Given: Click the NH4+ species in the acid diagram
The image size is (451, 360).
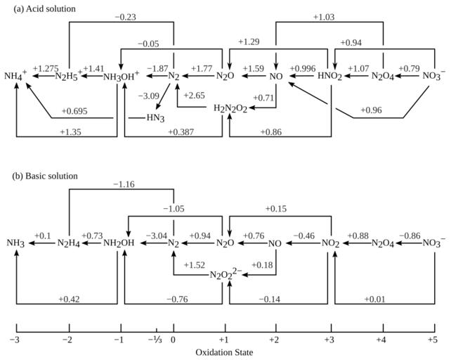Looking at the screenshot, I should (x=15, y=75).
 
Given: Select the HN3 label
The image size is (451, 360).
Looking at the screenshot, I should (x=155, y=117).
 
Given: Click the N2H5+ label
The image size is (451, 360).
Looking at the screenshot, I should (x=69, y=75).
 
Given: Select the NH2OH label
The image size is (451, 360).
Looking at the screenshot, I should (x=121, y=243).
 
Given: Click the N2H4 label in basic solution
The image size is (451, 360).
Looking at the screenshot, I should (x=69, y=243).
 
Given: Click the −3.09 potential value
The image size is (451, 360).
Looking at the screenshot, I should (x=149, y=95).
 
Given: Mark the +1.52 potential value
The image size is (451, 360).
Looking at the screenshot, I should (x=195, y=265).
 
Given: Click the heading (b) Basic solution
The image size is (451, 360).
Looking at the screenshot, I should (x=40, y=175).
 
